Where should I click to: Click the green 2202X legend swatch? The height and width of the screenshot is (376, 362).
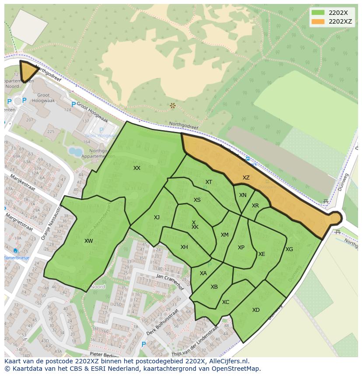pos(318,13)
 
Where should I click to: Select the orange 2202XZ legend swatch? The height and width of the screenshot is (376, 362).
pos(318,21)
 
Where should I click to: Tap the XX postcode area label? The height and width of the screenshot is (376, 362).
pos(137,168)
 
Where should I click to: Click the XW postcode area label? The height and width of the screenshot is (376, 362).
pos(89,241)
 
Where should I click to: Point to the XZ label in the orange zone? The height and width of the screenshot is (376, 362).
pos(246,178)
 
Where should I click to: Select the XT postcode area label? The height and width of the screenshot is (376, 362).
pos(209,182)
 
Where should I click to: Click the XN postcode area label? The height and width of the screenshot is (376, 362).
pos(243,195)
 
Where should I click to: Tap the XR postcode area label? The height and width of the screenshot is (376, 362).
pos(255,206)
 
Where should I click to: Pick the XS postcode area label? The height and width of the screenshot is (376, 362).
pos(197,200)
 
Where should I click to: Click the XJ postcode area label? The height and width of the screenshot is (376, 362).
pos(157,217)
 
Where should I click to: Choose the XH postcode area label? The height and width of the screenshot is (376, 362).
pos(184,247)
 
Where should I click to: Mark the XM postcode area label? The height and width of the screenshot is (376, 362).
pos(225,235)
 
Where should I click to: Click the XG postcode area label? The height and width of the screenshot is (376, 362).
pos(289,249)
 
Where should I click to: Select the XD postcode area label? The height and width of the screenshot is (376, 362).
pos(256,310)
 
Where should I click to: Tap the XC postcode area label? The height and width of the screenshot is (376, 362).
pos(226,302)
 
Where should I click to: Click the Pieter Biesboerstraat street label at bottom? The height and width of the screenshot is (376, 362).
pos(105,353)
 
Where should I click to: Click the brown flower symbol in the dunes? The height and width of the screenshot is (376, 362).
pos(173,106)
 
